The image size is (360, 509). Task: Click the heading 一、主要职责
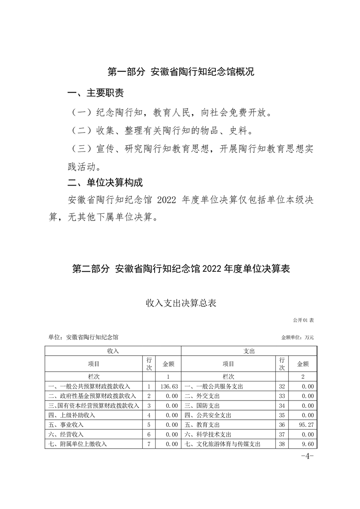click(95, 94)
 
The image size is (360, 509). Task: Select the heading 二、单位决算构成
click(105, 183)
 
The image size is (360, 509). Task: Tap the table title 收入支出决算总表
click(181, 303)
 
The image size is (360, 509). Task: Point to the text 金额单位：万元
click(297, 338)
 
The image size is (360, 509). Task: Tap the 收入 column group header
click(113, 351)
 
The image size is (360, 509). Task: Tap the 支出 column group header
click(249, 351)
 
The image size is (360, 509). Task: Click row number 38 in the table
click(282, 444)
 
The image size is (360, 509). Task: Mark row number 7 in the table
click(149, 444)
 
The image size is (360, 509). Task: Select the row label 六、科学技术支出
click(208, 435)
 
